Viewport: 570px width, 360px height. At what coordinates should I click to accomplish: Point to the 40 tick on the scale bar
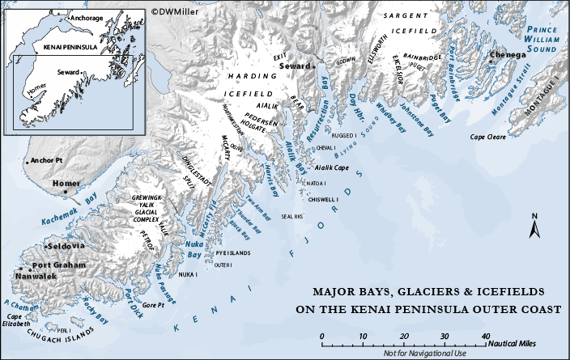[x=484, y=336]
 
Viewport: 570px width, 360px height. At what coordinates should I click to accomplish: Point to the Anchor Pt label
[x=46, y=161]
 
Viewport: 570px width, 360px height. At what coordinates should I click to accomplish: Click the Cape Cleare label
[x=488, y=138]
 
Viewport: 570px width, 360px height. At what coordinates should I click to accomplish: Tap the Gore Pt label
[x=153, y=305]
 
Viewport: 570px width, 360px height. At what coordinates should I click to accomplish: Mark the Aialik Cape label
[x=331, y=168]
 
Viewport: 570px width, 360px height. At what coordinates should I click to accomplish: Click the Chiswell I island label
[x=321, y=199]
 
